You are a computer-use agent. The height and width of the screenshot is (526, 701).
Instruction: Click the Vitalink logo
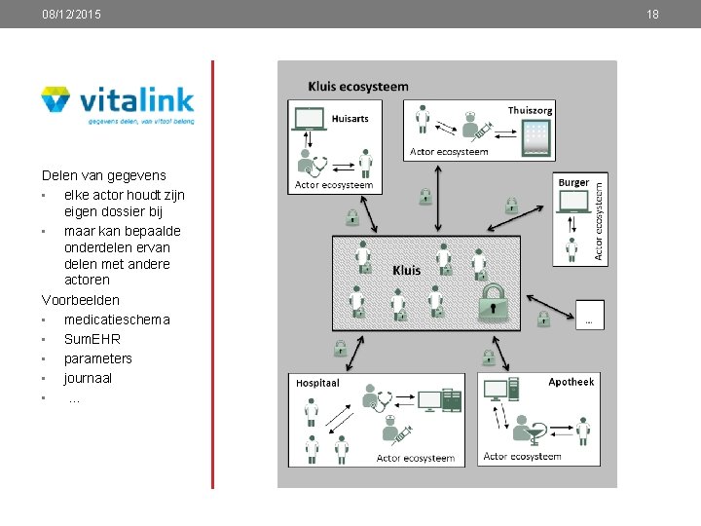(x=118, y=105)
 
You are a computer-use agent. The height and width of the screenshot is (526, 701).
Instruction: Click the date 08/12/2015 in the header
(x=71, y=15)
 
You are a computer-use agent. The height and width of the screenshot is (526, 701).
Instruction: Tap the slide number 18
(x=652, y=15)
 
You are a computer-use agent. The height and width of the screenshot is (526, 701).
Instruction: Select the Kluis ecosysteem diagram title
(x=358, y=87)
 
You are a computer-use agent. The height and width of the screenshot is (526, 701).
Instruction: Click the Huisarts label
(x=350, y=119)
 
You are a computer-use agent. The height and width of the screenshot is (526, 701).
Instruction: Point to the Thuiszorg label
(x=530, y=110)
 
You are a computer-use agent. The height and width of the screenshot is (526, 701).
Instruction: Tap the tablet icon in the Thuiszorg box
(x=536, y=142)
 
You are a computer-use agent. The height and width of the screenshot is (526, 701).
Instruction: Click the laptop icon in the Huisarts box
(x=310, y=119)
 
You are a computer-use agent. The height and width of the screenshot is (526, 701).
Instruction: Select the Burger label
(x=573, y=182)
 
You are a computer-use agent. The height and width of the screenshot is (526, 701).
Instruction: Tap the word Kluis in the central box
(x=407, y=270)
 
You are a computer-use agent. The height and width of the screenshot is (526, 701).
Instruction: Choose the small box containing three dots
(x=588, y=314)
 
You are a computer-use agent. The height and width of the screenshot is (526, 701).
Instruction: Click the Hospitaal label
(x=317, y=384)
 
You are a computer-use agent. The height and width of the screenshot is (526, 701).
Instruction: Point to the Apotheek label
(x=571, y=382)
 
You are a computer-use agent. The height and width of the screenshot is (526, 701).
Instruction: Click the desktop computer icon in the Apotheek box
(x=498, y=392)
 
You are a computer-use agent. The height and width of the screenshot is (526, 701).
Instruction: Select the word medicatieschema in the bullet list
(x=117, y=319)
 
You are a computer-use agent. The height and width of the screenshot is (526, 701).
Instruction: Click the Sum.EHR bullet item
(x=92, y=339)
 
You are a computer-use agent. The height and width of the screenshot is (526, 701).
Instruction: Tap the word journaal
(x=88, y=378)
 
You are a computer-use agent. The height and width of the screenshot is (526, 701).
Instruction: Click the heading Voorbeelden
(x=81, y=300)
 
